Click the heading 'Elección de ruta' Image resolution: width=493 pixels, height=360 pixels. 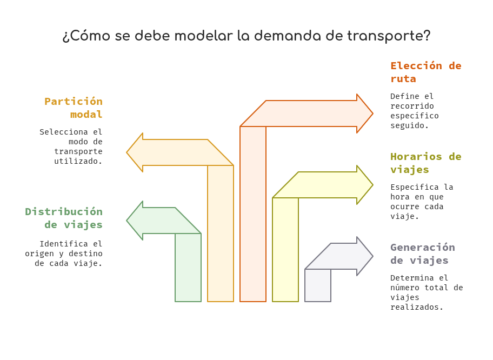426,72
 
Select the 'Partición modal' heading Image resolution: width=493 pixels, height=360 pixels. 74,108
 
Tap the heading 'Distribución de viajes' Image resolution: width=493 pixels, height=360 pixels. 64,218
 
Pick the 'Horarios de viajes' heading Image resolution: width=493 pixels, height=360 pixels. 426,163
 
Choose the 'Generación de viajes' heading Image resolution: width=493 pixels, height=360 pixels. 423,254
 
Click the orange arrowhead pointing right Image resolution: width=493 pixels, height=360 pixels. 365,114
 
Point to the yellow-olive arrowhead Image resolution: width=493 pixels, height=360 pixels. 365,185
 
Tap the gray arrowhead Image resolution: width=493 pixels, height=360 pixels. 365,256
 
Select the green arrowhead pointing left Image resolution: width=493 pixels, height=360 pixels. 135,221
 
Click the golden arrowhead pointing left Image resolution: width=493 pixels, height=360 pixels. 135,152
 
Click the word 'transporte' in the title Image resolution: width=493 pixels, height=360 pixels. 389,36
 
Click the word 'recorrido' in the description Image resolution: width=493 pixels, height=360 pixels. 412,106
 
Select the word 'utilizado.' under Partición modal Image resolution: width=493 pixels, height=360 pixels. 78,161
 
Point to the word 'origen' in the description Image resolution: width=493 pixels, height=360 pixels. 39,254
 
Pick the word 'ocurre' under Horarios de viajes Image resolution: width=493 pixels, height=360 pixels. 405,206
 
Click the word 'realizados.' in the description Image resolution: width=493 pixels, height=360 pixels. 417,307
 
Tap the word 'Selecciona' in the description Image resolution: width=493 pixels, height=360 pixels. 63,132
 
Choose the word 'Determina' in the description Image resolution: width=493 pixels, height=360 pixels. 412,278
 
